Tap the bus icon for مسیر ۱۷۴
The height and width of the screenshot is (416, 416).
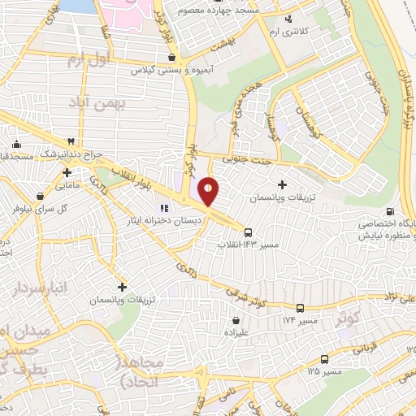click(301, 308)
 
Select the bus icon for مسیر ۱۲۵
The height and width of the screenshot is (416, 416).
click(324, 358)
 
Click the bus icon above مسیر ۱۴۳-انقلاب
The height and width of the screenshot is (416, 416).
click(249, 232)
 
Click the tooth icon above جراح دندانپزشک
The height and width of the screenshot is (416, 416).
click(71, 141)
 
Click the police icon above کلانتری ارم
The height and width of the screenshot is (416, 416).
click(286, 18)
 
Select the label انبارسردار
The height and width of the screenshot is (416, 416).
click(41, 288)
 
